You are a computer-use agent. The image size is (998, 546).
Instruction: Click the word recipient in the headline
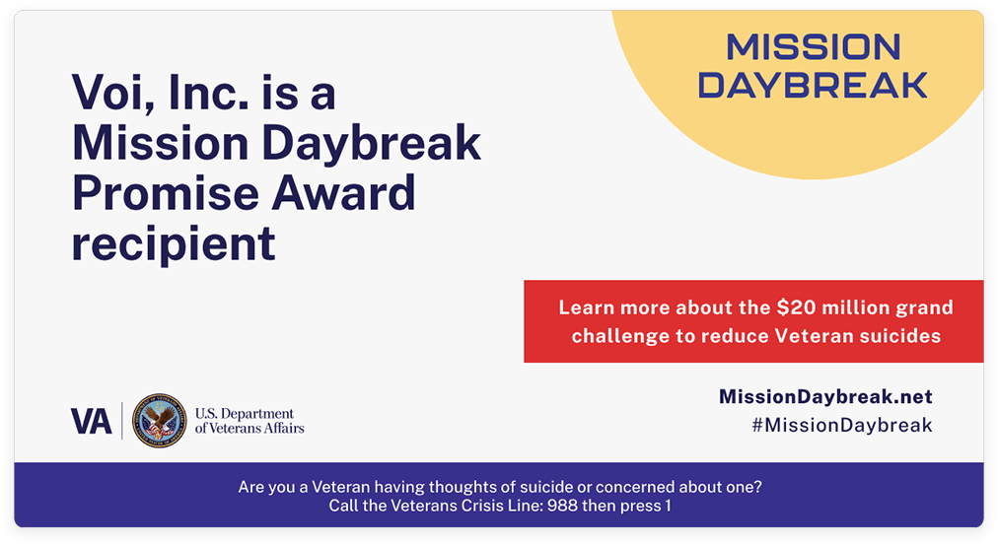(174, 243)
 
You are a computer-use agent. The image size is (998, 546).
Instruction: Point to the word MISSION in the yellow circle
(813, 47)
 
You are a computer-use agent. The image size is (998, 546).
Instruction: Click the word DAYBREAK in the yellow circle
(813, 85)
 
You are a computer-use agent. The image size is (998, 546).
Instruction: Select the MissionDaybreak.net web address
(825, 397)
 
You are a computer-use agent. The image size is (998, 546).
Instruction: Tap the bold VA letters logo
(92, 421)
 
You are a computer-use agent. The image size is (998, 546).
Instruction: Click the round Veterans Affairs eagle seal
(159, 421)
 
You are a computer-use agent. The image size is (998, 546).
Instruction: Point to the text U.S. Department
(245, 413)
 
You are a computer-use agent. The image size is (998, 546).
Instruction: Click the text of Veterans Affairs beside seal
(249, 429)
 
